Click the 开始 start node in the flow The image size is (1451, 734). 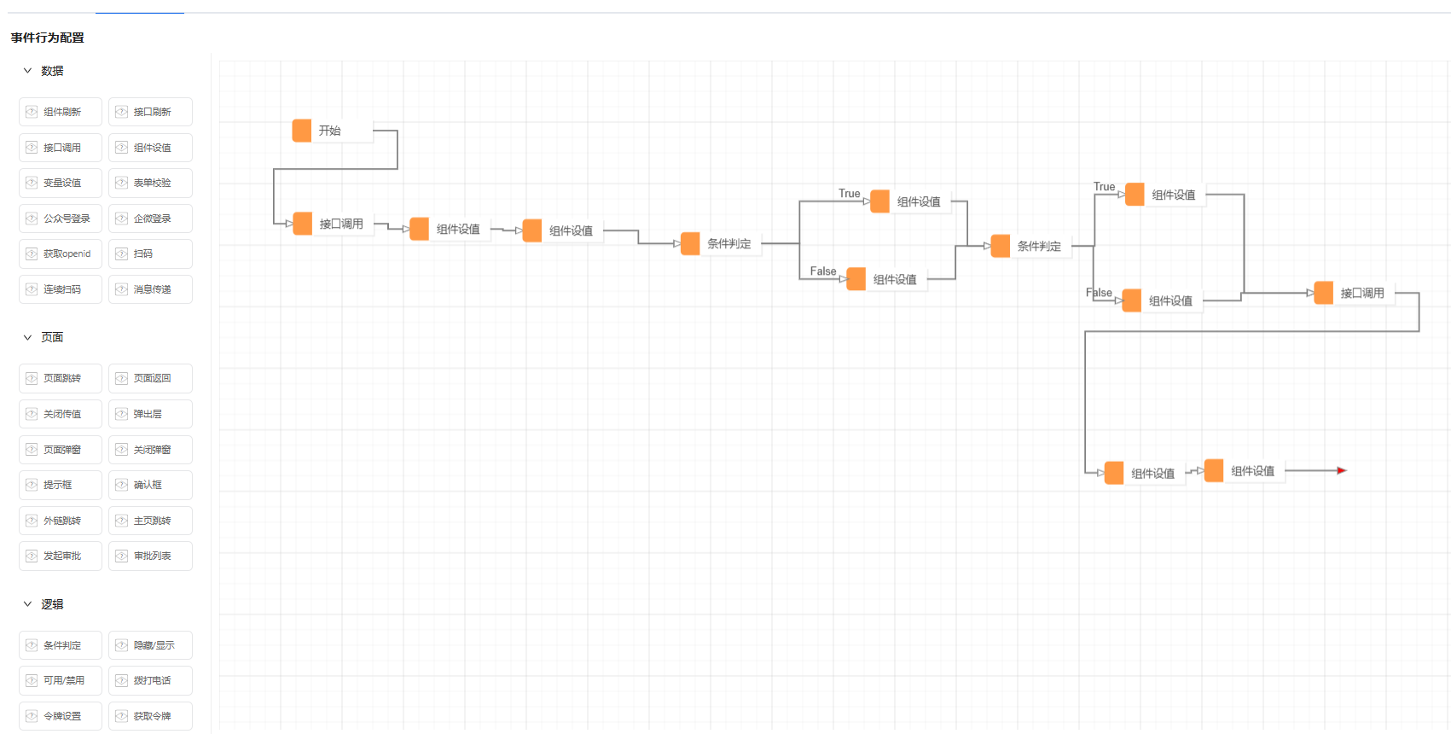332,131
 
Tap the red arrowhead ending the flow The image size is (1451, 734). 1342,470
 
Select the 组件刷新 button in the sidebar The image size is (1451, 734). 61,112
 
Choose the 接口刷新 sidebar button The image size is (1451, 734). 150,112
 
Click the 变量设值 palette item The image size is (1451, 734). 61,183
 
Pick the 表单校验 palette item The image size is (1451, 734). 150,183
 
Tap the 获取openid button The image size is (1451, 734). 61,254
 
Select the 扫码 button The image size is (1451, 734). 150,254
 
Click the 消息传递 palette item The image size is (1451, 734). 150,289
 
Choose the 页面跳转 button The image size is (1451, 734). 61,378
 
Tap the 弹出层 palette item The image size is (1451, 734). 150,414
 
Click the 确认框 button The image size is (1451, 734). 150,485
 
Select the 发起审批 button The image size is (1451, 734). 61,556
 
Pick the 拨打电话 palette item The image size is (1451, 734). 150,680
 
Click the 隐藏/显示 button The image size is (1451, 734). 150,645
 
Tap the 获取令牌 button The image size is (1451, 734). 150,716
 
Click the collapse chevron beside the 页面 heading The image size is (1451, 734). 28,337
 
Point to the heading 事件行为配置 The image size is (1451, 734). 47,38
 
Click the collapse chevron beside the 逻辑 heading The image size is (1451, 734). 28,604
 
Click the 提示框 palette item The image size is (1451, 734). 61,485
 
